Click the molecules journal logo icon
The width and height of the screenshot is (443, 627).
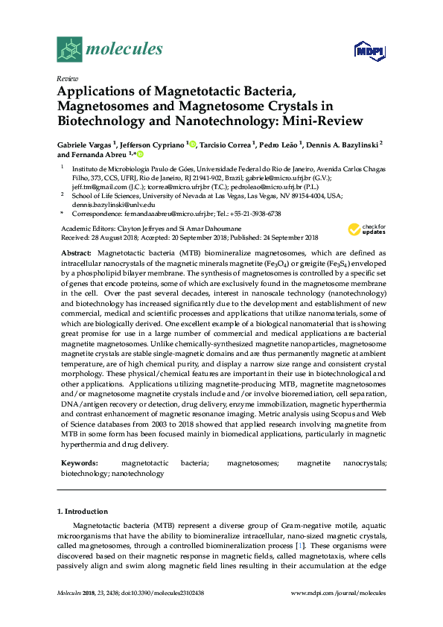coord(68,49)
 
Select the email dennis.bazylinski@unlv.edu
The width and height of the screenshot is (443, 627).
coord(114,203)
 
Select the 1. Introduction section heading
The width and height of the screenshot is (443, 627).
coord(83,512)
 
